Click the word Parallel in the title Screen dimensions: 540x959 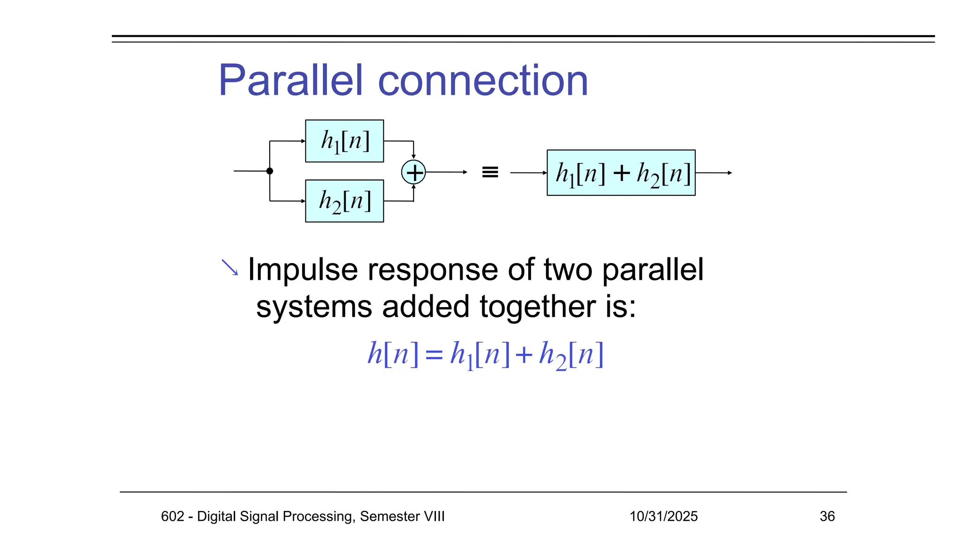(x=291, y=81)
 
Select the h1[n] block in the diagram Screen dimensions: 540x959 (x=344, y=141)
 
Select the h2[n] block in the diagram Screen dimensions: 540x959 (x=344, y=201)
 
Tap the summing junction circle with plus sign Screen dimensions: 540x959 (x=413, y=172)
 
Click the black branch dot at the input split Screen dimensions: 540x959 (x=270, y=171)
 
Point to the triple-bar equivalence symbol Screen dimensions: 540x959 (x=490, y=172)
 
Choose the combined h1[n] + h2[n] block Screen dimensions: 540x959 (x=621, y=173)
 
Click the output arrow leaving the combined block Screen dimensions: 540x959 (x=714, y=173)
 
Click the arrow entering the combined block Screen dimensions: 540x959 (x=528, y=173)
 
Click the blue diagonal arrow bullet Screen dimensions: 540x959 (x=229, y=268)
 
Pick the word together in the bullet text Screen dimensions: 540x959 (x=537, y=307)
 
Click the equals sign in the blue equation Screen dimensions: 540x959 (x=434, y=355)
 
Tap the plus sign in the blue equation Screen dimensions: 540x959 (x=524, y=355)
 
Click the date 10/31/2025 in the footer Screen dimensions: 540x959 (x=663, y=516)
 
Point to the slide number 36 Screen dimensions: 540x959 (x=827, y=516)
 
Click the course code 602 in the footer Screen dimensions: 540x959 (x=172, y=516)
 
